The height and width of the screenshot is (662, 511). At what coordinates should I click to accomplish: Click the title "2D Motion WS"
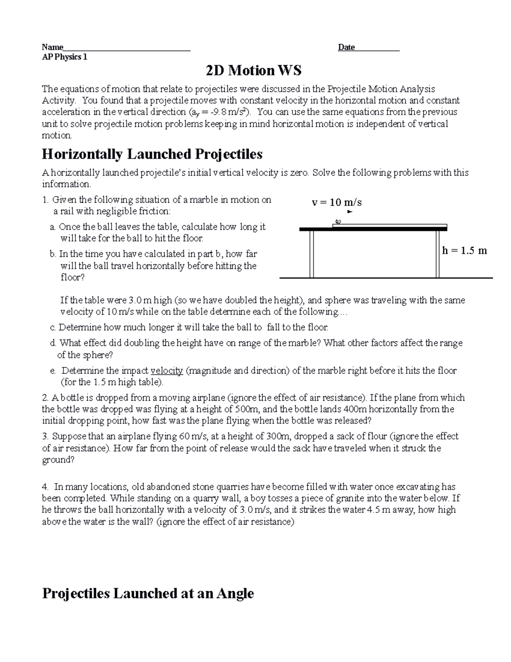[253, 70]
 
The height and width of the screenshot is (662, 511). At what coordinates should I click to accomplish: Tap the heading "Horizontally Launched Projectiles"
[152, 154]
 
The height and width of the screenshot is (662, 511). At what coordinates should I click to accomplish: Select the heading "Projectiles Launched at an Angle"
[148, 593]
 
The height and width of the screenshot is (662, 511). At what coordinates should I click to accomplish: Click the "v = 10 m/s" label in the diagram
[337, 202]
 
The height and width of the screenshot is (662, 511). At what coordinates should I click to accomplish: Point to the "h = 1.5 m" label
[464, 251]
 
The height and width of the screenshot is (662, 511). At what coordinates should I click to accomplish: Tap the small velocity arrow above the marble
[350, 211]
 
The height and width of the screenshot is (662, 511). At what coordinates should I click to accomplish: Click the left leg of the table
[312, 254]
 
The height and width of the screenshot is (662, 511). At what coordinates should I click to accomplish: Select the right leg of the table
[437, 254]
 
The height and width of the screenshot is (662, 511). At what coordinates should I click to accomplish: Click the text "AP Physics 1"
[64, 57]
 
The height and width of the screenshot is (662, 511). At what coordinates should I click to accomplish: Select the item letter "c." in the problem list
[53, 328]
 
